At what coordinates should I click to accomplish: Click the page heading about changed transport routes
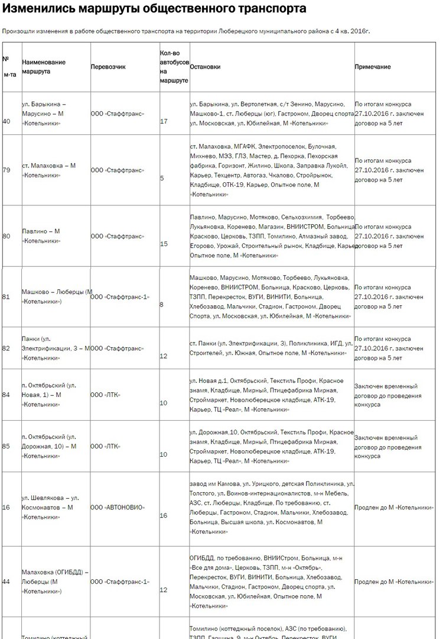(155, 9)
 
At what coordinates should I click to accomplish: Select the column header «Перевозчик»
(108, 67)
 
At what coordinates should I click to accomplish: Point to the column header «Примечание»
(372, 67)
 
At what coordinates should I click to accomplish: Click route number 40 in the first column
(6, 121)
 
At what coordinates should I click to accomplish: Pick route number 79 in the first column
(6, 170)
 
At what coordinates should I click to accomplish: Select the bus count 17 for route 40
(164, 121)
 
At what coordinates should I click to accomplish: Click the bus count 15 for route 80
(164, 244)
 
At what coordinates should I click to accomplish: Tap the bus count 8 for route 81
(162, 305)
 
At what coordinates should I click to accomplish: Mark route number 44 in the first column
(6, 582)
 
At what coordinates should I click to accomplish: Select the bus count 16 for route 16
(164, 516)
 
